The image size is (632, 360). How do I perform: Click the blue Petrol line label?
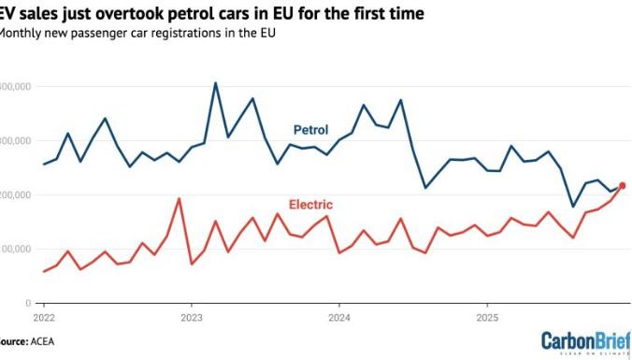pos(311,129)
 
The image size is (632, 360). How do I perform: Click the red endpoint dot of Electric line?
pos(623,185)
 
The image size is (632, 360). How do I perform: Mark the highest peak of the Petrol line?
pos(215,83)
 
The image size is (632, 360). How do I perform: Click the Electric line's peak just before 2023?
pos(179,198)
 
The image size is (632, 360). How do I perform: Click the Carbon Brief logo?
pos(585,342)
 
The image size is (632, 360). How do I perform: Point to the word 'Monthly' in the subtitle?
pos(22,32)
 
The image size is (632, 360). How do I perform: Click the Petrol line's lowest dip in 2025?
pos(573,207)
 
